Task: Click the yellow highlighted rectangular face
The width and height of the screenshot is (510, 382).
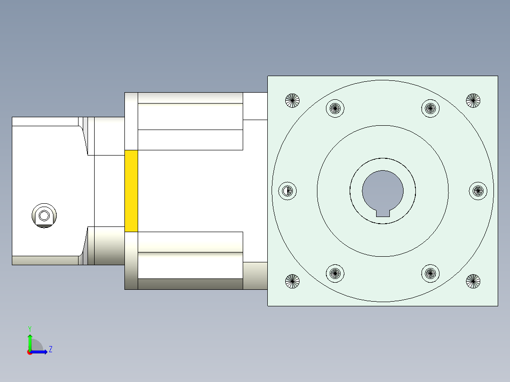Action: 131,191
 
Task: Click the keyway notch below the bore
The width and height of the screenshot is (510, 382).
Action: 383,213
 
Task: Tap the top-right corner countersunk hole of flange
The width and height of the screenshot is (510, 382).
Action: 473,100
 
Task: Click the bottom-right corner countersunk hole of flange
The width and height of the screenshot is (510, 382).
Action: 473,281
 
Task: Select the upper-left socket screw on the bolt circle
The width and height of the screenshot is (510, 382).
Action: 335,108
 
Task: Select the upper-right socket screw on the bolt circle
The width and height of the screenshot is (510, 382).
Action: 430,108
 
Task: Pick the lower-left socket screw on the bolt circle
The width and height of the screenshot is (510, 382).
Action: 335,273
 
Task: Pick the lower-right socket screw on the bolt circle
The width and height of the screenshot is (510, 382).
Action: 430,273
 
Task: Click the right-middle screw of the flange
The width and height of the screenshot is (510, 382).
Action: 478,191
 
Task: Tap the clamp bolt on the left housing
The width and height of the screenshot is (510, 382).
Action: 44,216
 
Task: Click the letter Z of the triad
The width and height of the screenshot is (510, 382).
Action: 51,349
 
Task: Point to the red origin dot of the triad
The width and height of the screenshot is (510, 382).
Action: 29,352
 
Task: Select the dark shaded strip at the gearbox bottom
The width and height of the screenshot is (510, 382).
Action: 190,284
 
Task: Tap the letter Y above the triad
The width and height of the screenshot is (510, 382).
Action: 29,328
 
